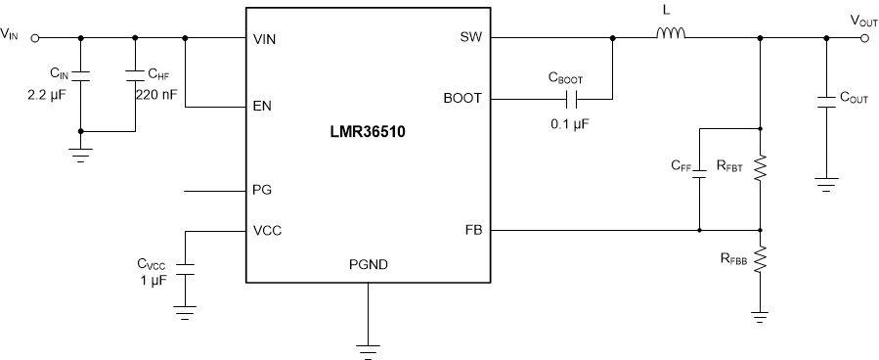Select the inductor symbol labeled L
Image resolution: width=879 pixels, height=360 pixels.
[x=670, y=37]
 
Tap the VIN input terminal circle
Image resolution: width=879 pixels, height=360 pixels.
[x=36, y=38]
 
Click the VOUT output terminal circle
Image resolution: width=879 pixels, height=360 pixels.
[x=863, y=38]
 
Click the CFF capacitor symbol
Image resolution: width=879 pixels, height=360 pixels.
[x=699, y=179]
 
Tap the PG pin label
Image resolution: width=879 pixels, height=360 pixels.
[x=261, y=191]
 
